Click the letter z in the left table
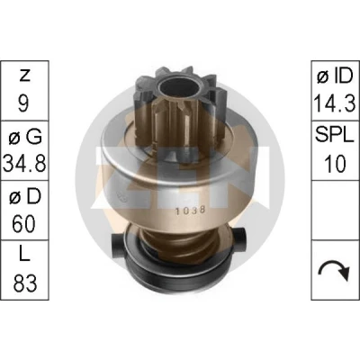(24, 76)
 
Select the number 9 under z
(23, 103)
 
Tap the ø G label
(25, 137)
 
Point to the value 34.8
(24, 164)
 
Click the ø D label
(25, 197)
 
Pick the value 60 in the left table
(23, 223)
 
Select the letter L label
(24, 256)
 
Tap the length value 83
(24, 283)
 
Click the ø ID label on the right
(335, 76)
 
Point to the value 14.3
(335, 103)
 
